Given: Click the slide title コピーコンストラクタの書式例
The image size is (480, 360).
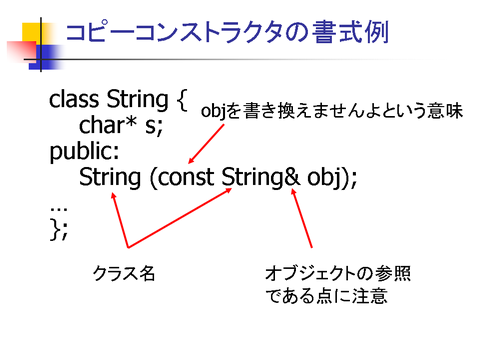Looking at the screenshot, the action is click(227, 32).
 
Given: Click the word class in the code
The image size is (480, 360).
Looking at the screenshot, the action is click(74, 99).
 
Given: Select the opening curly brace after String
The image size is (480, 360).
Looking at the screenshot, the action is click(182, 100).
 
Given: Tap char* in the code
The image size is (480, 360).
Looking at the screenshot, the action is click(108, 125).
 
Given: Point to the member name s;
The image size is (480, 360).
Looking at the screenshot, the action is click(154, 127).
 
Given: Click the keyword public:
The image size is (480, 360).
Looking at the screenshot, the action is click(84, 152).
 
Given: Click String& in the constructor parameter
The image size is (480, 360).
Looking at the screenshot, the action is click(261, 178).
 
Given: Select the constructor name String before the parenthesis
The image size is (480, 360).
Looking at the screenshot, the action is click(110, 178).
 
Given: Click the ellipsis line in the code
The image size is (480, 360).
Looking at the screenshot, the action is click(59, 209).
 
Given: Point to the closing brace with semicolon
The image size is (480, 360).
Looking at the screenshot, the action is click(59, 229).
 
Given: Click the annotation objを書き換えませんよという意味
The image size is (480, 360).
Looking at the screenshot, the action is click(332, 111).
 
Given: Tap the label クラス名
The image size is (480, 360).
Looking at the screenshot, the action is click(124, 273).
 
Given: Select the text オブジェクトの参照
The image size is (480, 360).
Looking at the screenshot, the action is click(338, 273).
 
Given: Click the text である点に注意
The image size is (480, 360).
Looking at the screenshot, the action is click(326, 296).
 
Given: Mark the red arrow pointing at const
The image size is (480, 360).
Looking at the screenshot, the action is click(206, 144).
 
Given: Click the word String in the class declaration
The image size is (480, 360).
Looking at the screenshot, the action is click(137, 100).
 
